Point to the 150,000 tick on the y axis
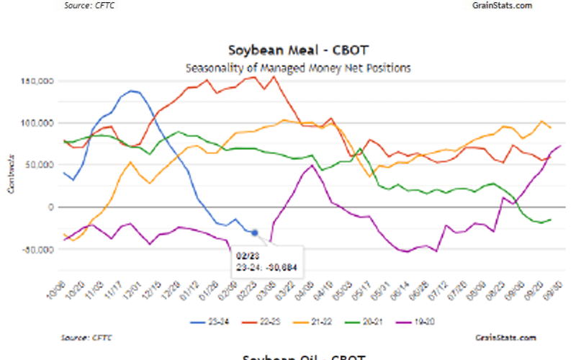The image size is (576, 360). pyautogui.click(x=39, y=82)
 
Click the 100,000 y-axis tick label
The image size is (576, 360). pyautogui.click(x=39, y=124)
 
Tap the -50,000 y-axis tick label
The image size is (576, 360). pyautogui.click(x=39, y=249)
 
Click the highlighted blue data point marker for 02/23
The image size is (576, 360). pyautogui.click(x=255, y=233)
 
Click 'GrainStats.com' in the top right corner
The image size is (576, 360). pyautogui.click(x=502, y=5)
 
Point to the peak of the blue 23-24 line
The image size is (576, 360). pyautogui.click(x=132, y=91)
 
